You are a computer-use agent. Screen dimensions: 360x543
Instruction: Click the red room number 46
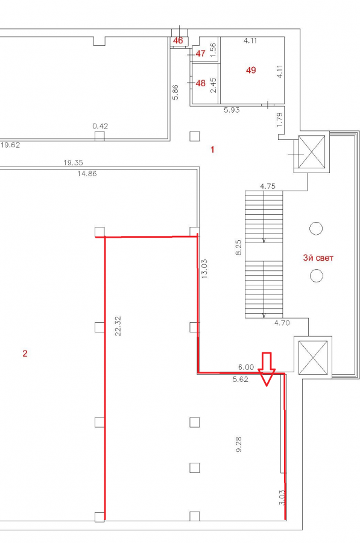[x=178, y=40]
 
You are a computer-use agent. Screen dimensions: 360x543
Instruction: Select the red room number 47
[x=200, y=53]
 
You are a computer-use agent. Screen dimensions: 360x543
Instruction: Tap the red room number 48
[x=200, y=83]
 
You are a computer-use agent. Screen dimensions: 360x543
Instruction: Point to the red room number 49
[x=251, y=70]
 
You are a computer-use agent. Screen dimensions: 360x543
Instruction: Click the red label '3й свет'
[x=318, y=258]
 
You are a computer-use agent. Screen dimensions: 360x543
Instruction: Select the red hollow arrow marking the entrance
[x=267, y=369]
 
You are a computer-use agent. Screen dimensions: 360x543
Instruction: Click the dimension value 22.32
[x=118, y=326]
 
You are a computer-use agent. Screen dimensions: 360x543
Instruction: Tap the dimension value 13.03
[x=204, y=269]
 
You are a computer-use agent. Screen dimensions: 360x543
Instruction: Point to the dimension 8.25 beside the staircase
[x=239, y=247]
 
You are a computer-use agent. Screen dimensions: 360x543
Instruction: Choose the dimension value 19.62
[x=10, y=145]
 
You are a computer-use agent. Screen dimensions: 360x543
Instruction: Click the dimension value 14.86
[x=87, y=174]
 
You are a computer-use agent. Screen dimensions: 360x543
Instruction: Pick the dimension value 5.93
[x=232, y=110]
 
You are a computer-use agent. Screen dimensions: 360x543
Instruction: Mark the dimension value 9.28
[x=239, y=444]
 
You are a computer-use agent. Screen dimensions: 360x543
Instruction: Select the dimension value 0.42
[x=100, y=126]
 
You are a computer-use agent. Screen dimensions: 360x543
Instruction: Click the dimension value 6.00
[x=246, y=367]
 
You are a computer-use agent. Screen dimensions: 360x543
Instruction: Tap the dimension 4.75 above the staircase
[x=268, y=186]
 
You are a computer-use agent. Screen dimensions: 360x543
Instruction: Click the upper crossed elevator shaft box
[x=312, y=152]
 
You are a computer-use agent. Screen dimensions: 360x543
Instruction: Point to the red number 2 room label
[x=25, y=354]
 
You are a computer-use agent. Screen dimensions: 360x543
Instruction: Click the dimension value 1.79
[x=280, y=119]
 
